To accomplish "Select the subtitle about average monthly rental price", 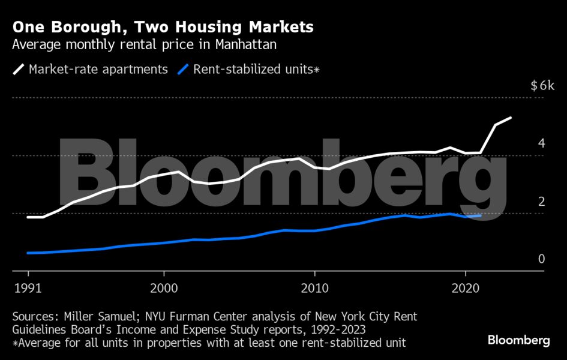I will (144, 44).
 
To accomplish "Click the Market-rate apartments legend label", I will (98, 69).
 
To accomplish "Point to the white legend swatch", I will (19, 70).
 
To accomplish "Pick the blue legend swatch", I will (184, 70).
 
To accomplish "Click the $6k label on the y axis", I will (543, 86).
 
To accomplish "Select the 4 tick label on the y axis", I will (541, 143).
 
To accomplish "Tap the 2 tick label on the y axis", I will (541, 202).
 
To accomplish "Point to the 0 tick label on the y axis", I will (541, 259).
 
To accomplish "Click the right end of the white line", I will (511, 118).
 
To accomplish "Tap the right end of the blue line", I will (481, 215).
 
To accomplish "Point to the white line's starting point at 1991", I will (28, 217).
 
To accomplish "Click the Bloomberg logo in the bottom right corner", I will (518, 340).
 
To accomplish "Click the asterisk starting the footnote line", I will (14, 343).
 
